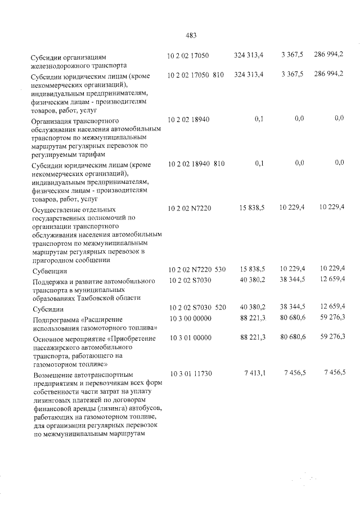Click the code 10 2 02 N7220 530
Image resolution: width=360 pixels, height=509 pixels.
196,270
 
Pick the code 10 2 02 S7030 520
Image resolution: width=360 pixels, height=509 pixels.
196,307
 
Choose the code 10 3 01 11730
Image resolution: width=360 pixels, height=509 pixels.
189,373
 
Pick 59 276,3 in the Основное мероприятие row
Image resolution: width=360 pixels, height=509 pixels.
331,336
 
